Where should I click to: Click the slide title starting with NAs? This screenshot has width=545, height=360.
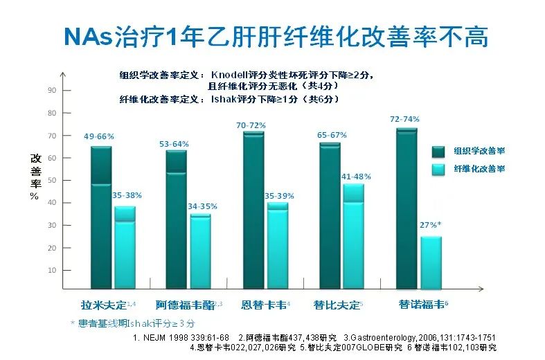point(276,35)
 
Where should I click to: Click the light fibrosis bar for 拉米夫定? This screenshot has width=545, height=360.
point(125,247)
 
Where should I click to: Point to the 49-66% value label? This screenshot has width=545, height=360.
point(99,136)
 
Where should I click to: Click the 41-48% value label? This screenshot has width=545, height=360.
point(356,177)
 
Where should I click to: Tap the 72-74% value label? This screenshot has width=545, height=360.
point(404,119)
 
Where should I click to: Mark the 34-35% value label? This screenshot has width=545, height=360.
point(202,206)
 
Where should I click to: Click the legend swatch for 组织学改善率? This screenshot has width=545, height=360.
point(438,152)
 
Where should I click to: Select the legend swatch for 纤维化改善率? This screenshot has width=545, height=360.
point(438,169)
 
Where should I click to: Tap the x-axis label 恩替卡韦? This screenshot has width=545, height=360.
point(264,305)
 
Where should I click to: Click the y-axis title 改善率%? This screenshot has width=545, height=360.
point(35,177)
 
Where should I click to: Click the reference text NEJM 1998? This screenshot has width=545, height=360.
point(181,338)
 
